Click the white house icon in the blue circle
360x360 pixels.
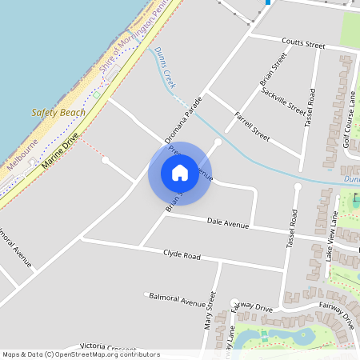pos(180,172)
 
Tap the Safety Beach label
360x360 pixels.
pos(58,113)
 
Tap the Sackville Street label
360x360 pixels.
pos(283,101)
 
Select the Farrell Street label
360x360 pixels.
pos(252,125)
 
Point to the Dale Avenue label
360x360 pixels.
pos(228,222)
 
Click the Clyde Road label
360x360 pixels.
pos(182,255)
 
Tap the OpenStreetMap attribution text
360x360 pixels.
pos(81,354)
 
